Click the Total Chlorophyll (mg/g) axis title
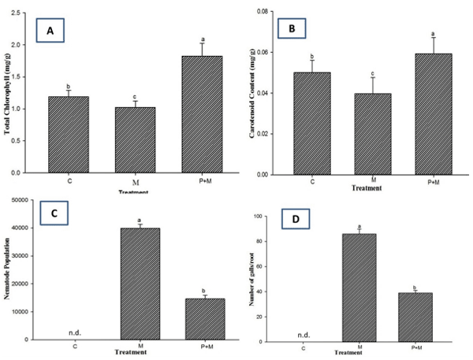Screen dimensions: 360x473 8,94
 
